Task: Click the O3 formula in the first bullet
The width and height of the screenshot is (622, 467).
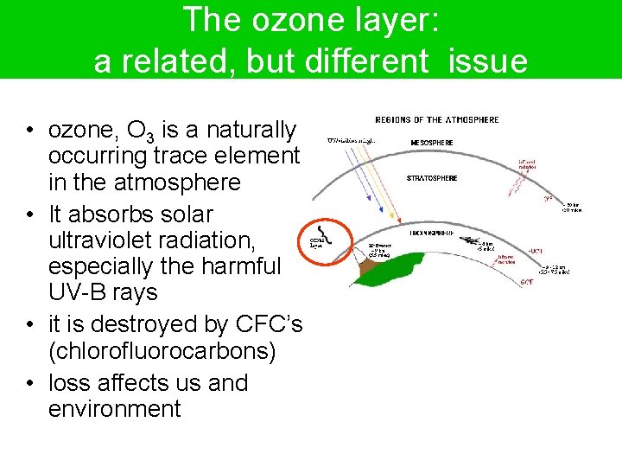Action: point(142,131)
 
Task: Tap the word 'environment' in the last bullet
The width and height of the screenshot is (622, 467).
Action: point(114,408)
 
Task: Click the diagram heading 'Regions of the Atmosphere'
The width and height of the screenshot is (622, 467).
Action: point(436,119)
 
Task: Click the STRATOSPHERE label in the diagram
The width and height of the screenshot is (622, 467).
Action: point(432,178)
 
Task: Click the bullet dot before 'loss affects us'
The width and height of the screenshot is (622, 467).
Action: point(29,383)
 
